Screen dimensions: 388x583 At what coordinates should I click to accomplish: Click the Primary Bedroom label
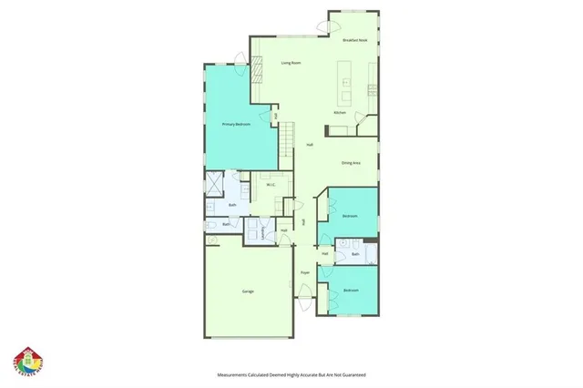point(236,123)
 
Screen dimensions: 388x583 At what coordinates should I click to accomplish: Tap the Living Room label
point(291,63)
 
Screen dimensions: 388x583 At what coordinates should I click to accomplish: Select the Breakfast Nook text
point(355,41)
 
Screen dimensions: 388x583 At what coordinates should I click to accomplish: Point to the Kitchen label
point(339,112)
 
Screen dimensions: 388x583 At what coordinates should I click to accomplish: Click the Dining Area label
point(351,163)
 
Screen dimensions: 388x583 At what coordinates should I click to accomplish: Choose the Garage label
point(248,291)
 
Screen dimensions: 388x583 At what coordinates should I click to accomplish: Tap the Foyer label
point(305,272)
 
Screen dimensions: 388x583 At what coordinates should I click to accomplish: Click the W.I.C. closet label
point(271,186)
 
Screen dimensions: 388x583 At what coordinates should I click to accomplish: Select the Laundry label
point(265,233)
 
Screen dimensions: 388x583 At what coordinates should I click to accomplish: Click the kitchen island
point(346,81)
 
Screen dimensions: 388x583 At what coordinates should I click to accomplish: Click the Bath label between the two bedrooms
point(355,254)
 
